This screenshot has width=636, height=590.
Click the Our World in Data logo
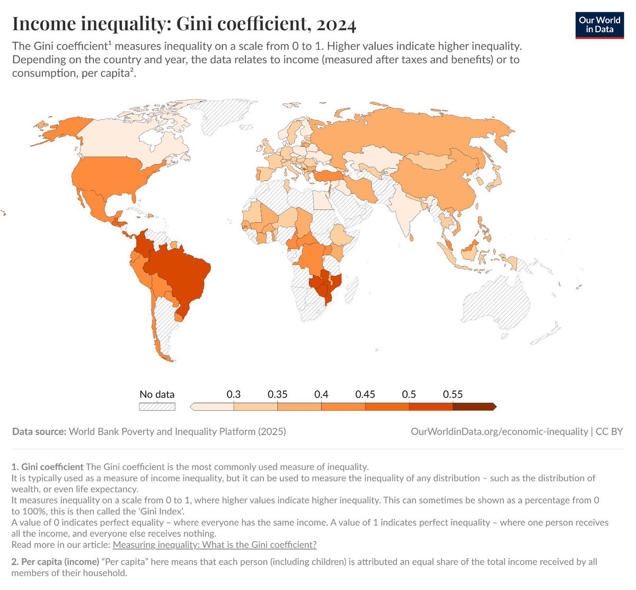point(599,24)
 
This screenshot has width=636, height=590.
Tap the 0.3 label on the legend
point(233,394)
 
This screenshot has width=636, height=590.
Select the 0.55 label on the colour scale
point(453,394)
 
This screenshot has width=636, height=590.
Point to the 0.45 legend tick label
point(365,394)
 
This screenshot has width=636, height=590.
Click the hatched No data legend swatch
point(157,407)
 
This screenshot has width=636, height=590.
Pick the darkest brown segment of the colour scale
point(474,407)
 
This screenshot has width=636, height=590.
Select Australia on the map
point(496,302)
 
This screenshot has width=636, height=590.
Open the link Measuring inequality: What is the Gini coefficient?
point(215,544)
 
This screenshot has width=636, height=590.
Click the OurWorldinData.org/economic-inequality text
point(499,432)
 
